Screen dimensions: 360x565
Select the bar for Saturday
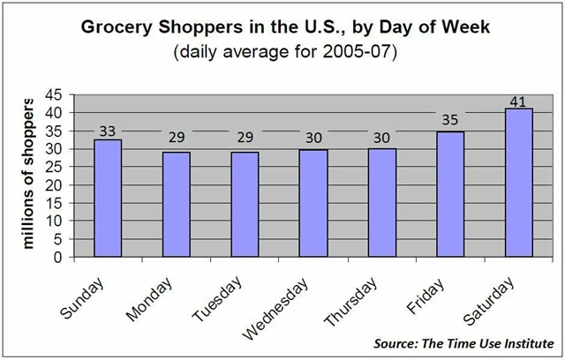click(518, 183)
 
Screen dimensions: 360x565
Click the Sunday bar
click(107, 198)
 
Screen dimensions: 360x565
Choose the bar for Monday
click(175, 205)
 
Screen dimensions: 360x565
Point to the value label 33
click(107, 131)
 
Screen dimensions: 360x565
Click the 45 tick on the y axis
click(55, 94)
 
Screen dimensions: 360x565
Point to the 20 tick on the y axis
click(55, 185)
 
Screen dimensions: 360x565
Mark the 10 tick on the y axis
click(55, 221)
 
